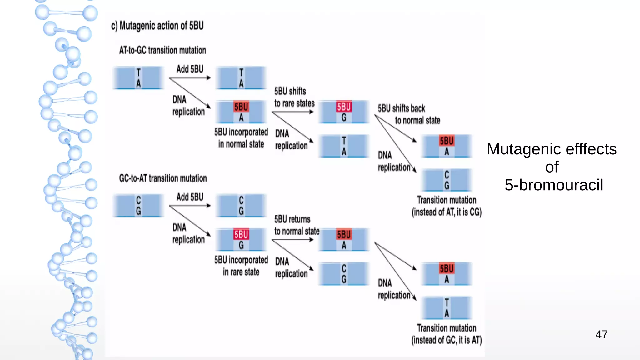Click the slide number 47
(x=601, y=334)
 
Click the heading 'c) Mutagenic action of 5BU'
(x=157, y=26)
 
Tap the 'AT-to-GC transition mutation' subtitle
(x=162, y=50)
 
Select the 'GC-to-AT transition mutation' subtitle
(x=163, y=178)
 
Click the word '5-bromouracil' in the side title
(x=554, y=185)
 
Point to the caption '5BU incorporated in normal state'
(x=241, y=138)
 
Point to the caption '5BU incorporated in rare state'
(x=241, y=266)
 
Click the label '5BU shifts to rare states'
(x=294, y=97)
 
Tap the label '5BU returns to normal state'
(x=297, y=225)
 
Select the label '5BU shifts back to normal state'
(x=408, y=114)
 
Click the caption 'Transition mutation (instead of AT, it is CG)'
(x=447, y=206)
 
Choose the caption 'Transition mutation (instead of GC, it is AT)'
(x=447, y=334)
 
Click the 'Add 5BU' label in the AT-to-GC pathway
(x=190, y=69)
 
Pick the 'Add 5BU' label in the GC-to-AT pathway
(x=190, y=197)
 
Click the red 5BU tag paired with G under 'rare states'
(x=344, y=107)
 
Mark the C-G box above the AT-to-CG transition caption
(x=447, y=180)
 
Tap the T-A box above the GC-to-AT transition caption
(x=447, y=308)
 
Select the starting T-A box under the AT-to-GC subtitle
(x=138, y=78)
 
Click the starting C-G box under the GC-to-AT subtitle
(x=138, y=206)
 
